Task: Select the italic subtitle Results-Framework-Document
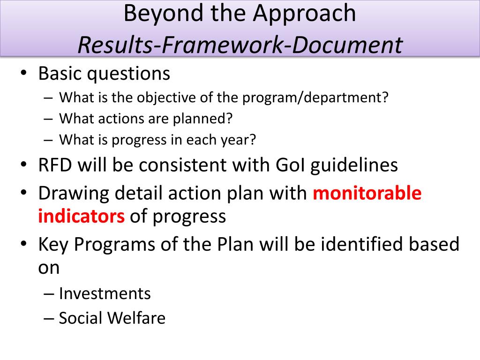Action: coord(240,45)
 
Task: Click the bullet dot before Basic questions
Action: coord(23,74)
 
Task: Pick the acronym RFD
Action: coord(55,165)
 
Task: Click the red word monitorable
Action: coord(367,193)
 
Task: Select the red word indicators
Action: coord(82,216)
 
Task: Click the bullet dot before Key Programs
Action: coord(23,244)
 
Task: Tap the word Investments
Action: coord(105,293)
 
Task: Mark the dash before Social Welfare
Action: coord(49,319)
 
